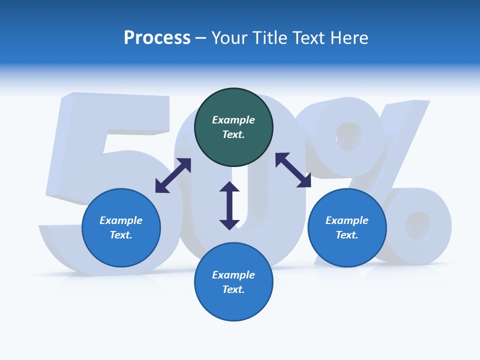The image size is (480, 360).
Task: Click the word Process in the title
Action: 157,38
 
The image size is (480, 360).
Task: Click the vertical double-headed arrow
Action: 229,205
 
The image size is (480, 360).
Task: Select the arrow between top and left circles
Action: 173,175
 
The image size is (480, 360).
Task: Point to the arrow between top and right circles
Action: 293,170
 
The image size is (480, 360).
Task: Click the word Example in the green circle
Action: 233,120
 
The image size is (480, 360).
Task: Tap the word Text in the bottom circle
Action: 232,289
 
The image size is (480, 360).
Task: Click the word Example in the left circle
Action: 121,220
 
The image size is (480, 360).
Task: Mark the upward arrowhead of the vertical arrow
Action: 229,188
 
